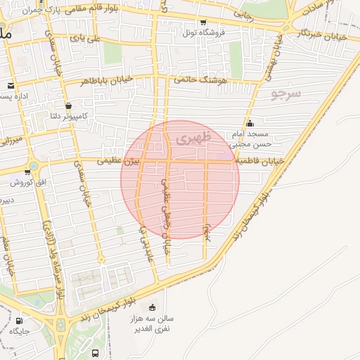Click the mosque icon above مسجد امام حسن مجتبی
coord(250,124)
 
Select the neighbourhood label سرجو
coord(285,93)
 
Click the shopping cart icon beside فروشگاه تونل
coord(203,22)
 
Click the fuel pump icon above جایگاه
coord(18,321)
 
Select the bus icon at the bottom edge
coord(95,353)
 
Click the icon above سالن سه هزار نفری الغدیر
coord(153,307)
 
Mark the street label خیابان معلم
coord(8,253)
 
